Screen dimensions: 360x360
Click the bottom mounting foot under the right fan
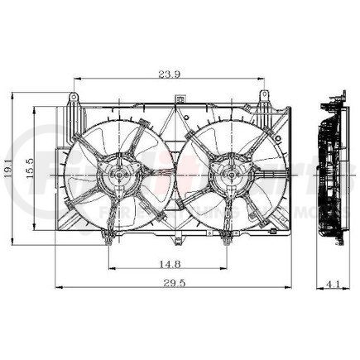pyautogui.click(x=229, y=239)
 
